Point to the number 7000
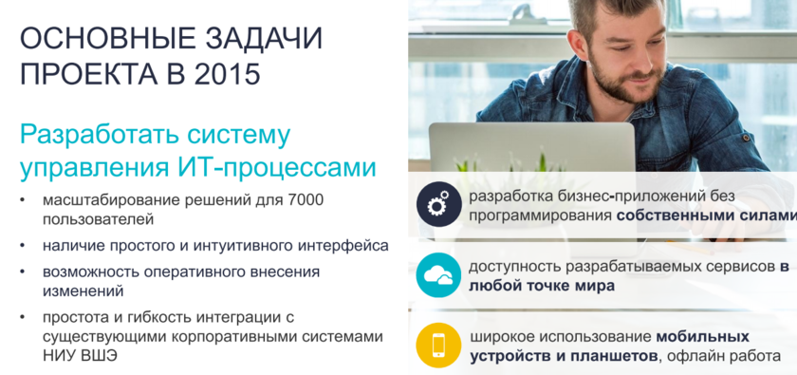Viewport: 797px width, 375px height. point(306,200)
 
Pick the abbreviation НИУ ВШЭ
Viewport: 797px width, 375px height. point(80,356)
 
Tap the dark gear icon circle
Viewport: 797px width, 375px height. point(439,204)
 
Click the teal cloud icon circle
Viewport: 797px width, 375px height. point(438,275)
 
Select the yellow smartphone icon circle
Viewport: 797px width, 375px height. point(438,345)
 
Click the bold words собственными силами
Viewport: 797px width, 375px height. point(707,215)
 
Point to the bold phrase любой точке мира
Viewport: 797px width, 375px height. point(542,286)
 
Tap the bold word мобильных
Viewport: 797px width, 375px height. point(702,337)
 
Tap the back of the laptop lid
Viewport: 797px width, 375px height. point(532,148)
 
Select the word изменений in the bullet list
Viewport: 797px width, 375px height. point(83,291)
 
